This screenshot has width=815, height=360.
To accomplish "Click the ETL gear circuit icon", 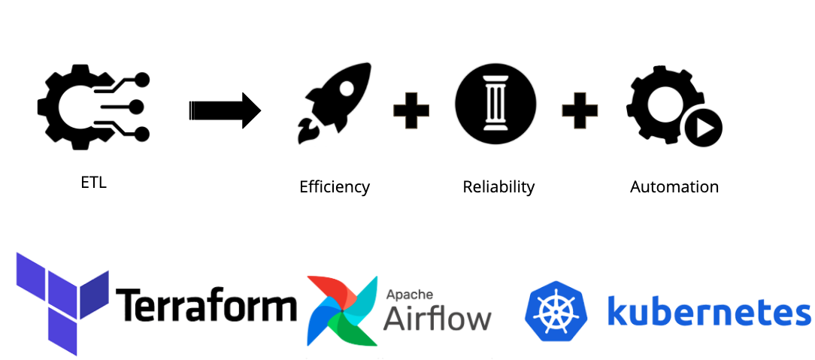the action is point(90,107).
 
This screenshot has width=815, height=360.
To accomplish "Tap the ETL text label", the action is point(93,182).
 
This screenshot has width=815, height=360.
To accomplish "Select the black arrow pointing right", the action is point(224,111).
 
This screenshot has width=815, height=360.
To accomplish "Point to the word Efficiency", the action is point(335,186).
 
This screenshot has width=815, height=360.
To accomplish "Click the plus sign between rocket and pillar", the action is point(411,111).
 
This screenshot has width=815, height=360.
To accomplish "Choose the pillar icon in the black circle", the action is point(495,104).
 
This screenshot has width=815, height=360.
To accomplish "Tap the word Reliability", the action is point(498,186).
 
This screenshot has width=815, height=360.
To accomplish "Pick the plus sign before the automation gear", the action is point(580,111).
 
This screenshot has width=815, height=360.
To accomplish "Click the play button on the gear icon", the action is point(704,129).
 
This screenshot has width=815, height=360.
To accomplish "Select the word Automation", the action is point(674,186).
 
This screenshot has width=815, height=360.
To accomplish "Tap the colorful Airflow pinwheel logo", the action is point(342,310).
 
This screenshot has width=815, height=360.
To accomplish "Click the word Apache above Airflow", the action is point(410,295).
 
